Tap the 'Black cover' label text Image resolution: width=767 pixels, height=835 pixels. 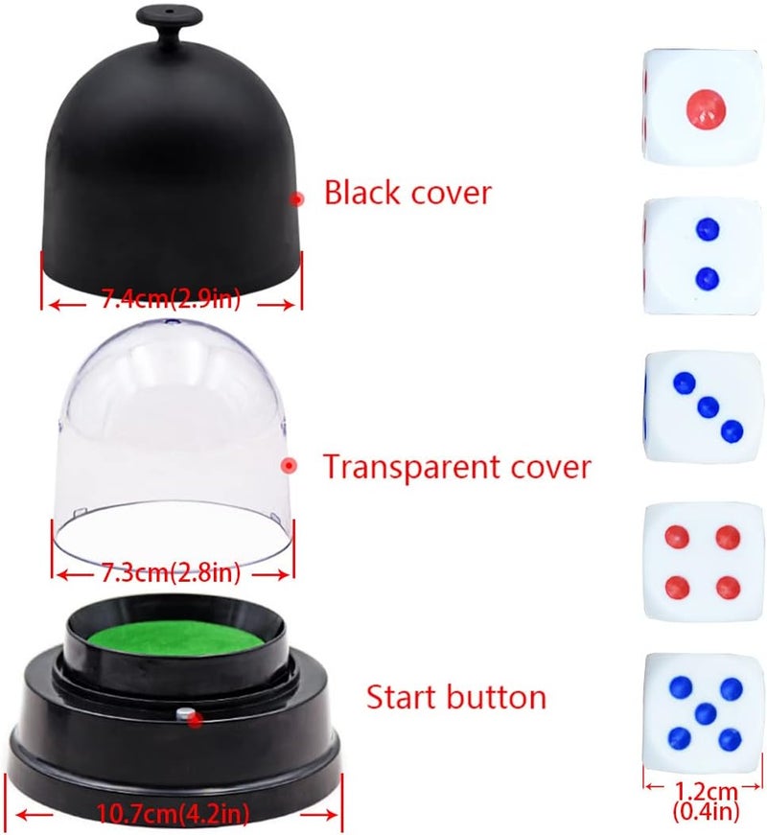407,193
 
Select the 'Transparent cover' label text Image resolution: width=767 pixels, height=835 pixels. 456,467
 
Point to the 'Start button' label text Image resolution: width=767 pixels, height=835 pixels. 456,697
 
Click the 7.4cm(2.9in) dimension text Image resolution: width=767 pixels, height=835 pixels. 171,302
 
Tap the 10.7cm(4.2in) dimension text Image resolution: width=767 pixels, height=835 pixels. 174,814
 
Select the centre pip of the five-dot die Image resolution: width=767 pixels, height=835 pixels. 706,711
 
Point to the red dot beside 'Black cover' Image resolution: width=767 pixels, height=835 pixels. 298,198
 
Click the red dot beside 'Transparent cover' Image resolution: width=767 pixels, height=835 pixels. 288,465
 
